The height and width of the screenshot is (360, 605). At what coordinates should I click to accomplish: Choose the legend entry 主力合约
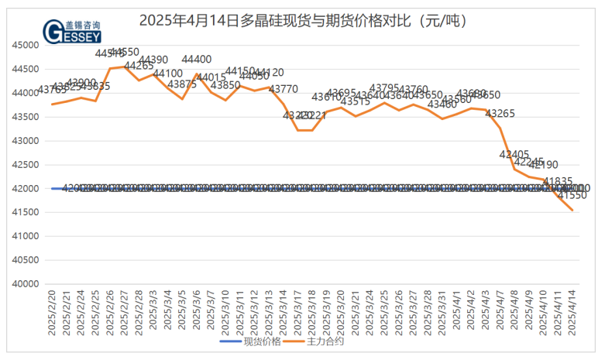point(319,341)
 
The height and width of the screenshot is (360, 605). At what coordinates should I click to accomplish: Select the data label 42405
point(514,154)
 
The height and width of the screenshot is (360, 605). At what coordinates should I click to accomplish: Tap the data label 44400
point(197,59)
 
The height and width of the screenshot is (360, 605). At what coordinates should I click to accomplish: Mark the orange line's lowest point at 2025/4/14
point(572,210)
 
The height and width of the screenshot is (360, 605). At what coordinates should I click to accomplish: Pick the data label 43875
point(182,84)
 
